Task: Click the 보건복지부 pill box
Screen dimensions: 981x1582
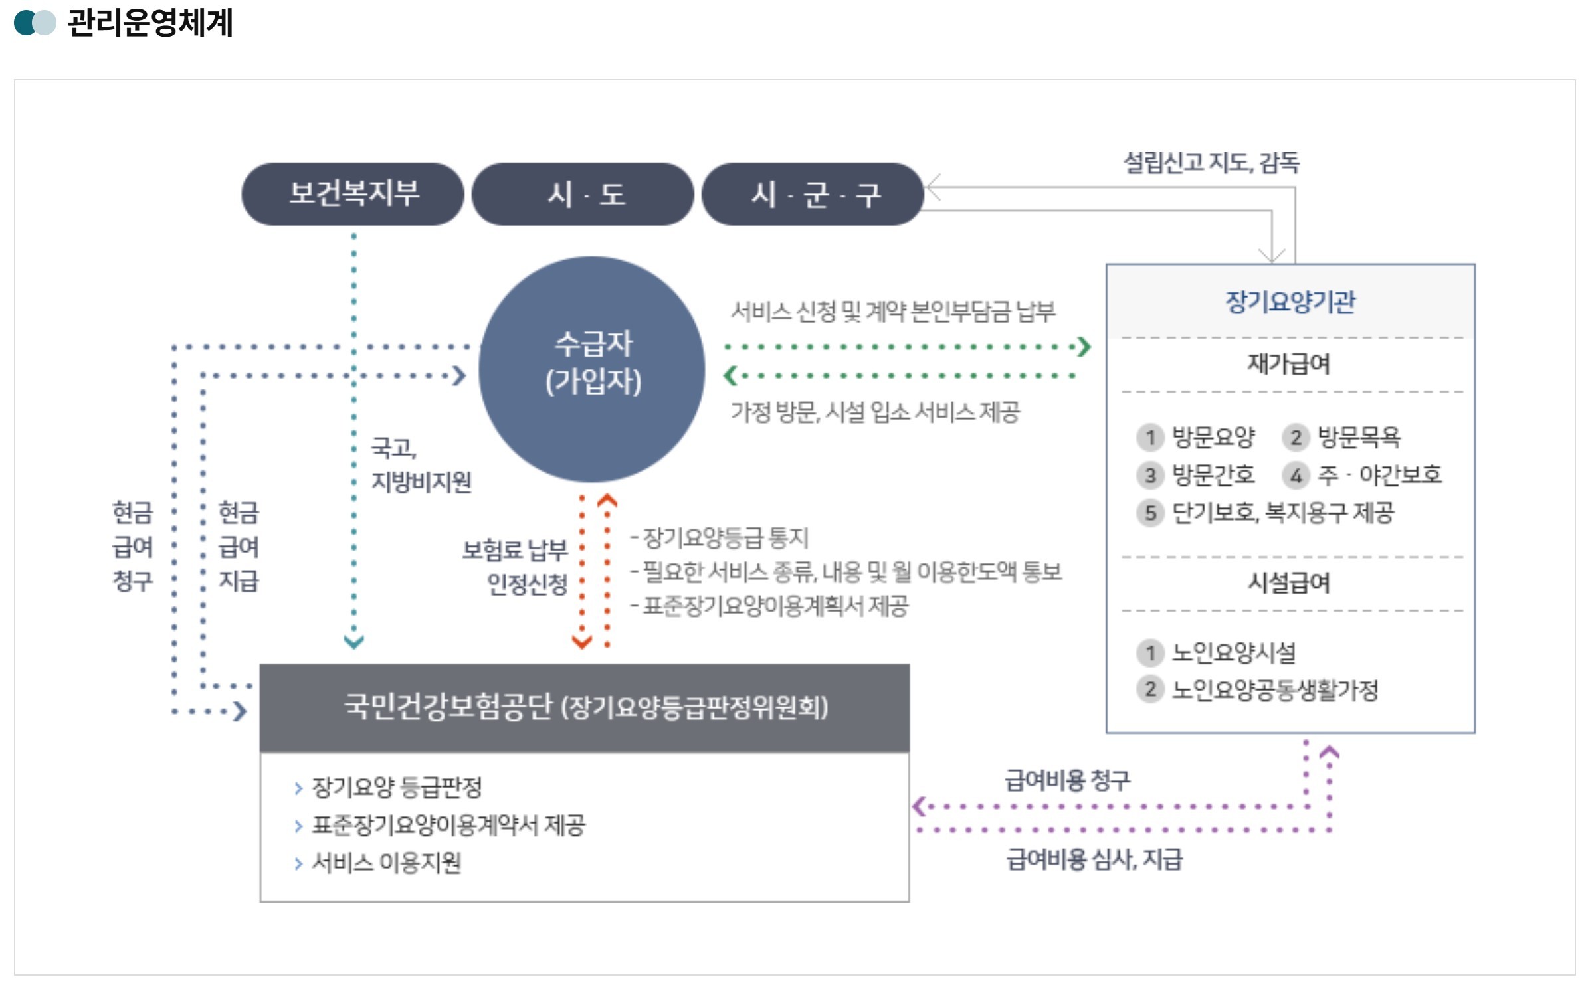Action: (352, 194)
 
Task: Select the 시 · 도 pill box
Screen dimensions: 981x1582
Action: (583, 194)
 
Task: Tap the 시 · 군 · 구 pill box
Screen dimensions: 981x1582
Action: (813, 194)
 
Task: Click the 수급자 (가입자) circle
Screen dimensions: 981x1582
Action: (591, 369)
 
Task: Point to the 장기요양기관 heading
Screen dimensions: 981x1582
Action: (1289, 302)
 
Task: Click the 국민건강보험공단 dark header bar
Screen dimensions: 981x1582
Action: (584, 707)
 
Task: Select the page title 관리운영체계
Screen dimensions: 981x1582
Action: (150, 23)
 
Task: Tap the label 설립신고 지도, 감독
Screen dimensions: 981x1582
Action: (1211, 163)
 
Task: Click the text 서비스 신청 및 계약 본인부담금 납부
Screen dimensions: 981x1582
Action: (892, 311)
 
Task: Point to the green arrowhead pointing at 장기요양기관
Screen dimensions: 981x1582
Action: (1084, 347)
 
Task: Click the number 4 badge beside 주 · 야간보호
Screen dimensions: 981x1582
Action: (1295, 475)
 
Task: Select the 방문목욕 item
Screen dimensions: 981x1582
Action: (1358, 437)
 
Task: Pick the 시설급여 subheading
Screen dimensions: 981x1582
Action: (1288, 583)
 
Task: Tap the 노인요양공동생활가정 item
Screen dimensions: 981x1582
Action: (1274, 690)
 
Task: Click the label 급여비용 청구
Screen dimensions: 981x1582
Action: (1066, 780)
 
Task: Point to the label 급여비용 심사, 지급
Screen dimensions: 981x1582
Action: (1094, 859)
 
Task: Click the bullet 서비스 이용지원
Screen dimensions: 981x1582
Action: (386, 863)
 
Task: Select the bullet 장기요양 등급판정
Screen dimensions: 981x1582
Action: (397, 788)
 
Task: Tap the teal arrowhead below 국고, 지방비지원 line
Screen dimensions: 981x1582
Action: (353, 642)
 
